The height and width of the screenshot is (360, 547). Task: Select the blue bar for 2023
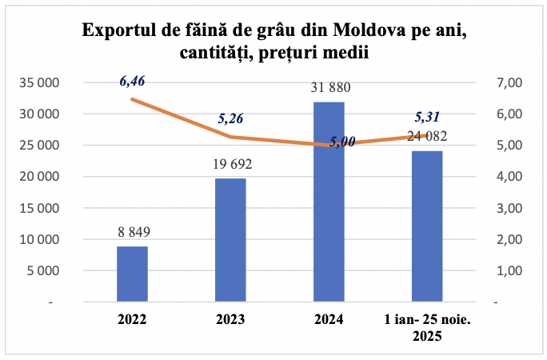point(230,240)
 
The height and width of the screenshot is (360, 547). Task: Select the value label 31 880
point(329,88)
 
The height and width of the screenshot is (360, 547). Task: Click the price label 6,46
point(134,81)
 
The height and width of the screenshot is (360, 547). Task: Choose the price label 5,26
point(230,119)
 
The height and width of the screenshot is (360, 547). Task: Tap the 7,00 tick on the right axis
point(509,82)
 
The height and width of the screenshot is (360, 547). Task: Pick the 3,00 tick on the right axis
point(509,208)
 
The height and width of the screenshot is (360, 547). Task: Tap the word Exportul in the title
point(118,30)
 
